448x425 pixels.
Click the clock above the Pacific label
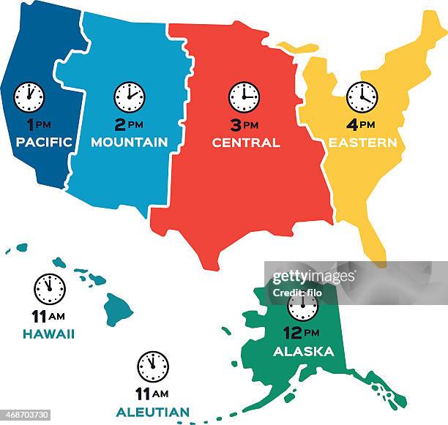[x=29, y=97]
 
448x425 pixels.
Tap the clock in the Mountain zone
[x=130, y=97]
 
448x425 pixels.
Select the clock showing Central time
[x=244, y=97]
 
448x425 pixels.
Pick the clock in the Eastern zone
[x=362, y=97]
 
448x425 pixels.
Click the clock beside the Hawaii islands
[x=50, y=289]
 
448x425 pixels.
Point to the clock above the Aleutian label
[x=153, y=366]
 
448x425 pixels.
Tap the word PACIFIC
[x=44, y=143]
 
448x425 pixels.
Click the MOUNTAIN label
[x=130, y=143]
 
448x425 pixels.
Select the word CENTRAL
[x=246, y=143]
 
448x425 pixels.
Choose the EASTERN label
[x=362, y=143]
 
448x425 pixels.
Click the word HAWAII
[x=49, y=334]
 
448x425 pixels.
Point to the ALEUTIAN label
[x=152, y=412]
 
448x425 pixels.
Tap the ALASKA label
[x=303, y=352]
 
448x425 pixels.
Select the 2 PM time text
[x=130, y=124]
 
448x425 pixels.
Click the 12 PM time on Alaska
[x=303, y=334]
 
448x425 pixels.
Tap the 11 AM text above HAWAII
[x=49, y=316]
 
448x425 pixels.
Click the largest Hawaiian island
[x=118, y=309]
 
